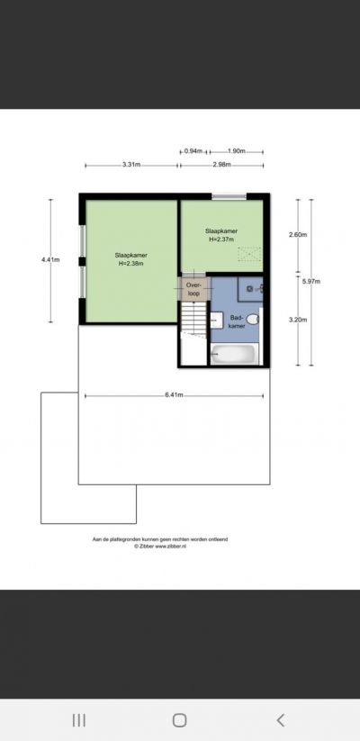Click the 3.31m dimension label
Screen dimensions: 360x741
131,165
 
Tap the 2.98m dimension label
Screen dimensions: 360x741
221,165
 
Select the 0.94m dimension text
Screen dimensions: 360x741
193,151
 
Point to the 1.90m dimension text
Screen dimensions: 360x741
237,151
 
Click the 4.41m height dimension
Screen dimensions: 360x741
50,259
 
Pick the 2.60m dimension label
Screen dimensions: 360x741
298,235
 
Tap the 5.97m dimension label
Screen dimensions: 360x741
311,281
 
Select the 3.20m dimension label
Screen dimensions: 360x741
298,320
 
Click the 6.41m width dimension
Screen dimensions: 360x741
174,395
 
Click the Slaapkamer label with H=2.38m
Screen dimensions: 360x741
130,259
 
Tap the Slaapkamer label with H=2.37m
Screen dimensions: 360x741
221,235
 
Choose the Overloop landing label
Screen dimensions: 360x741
193,289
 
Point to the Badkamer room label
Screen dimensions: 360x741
238,321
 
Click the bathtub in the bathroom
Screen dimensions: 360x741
235,355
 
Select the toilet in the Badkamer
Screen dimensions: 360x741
253,320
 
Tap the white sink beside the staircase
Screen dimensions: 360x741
217,321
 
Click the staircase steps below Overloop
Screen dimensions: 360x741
193,319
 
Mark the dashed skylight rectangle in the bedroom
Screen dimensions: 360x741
249,254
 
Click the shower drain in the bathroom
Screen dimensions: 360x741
250,288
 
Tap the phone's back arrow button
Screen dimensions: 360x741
281,720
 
